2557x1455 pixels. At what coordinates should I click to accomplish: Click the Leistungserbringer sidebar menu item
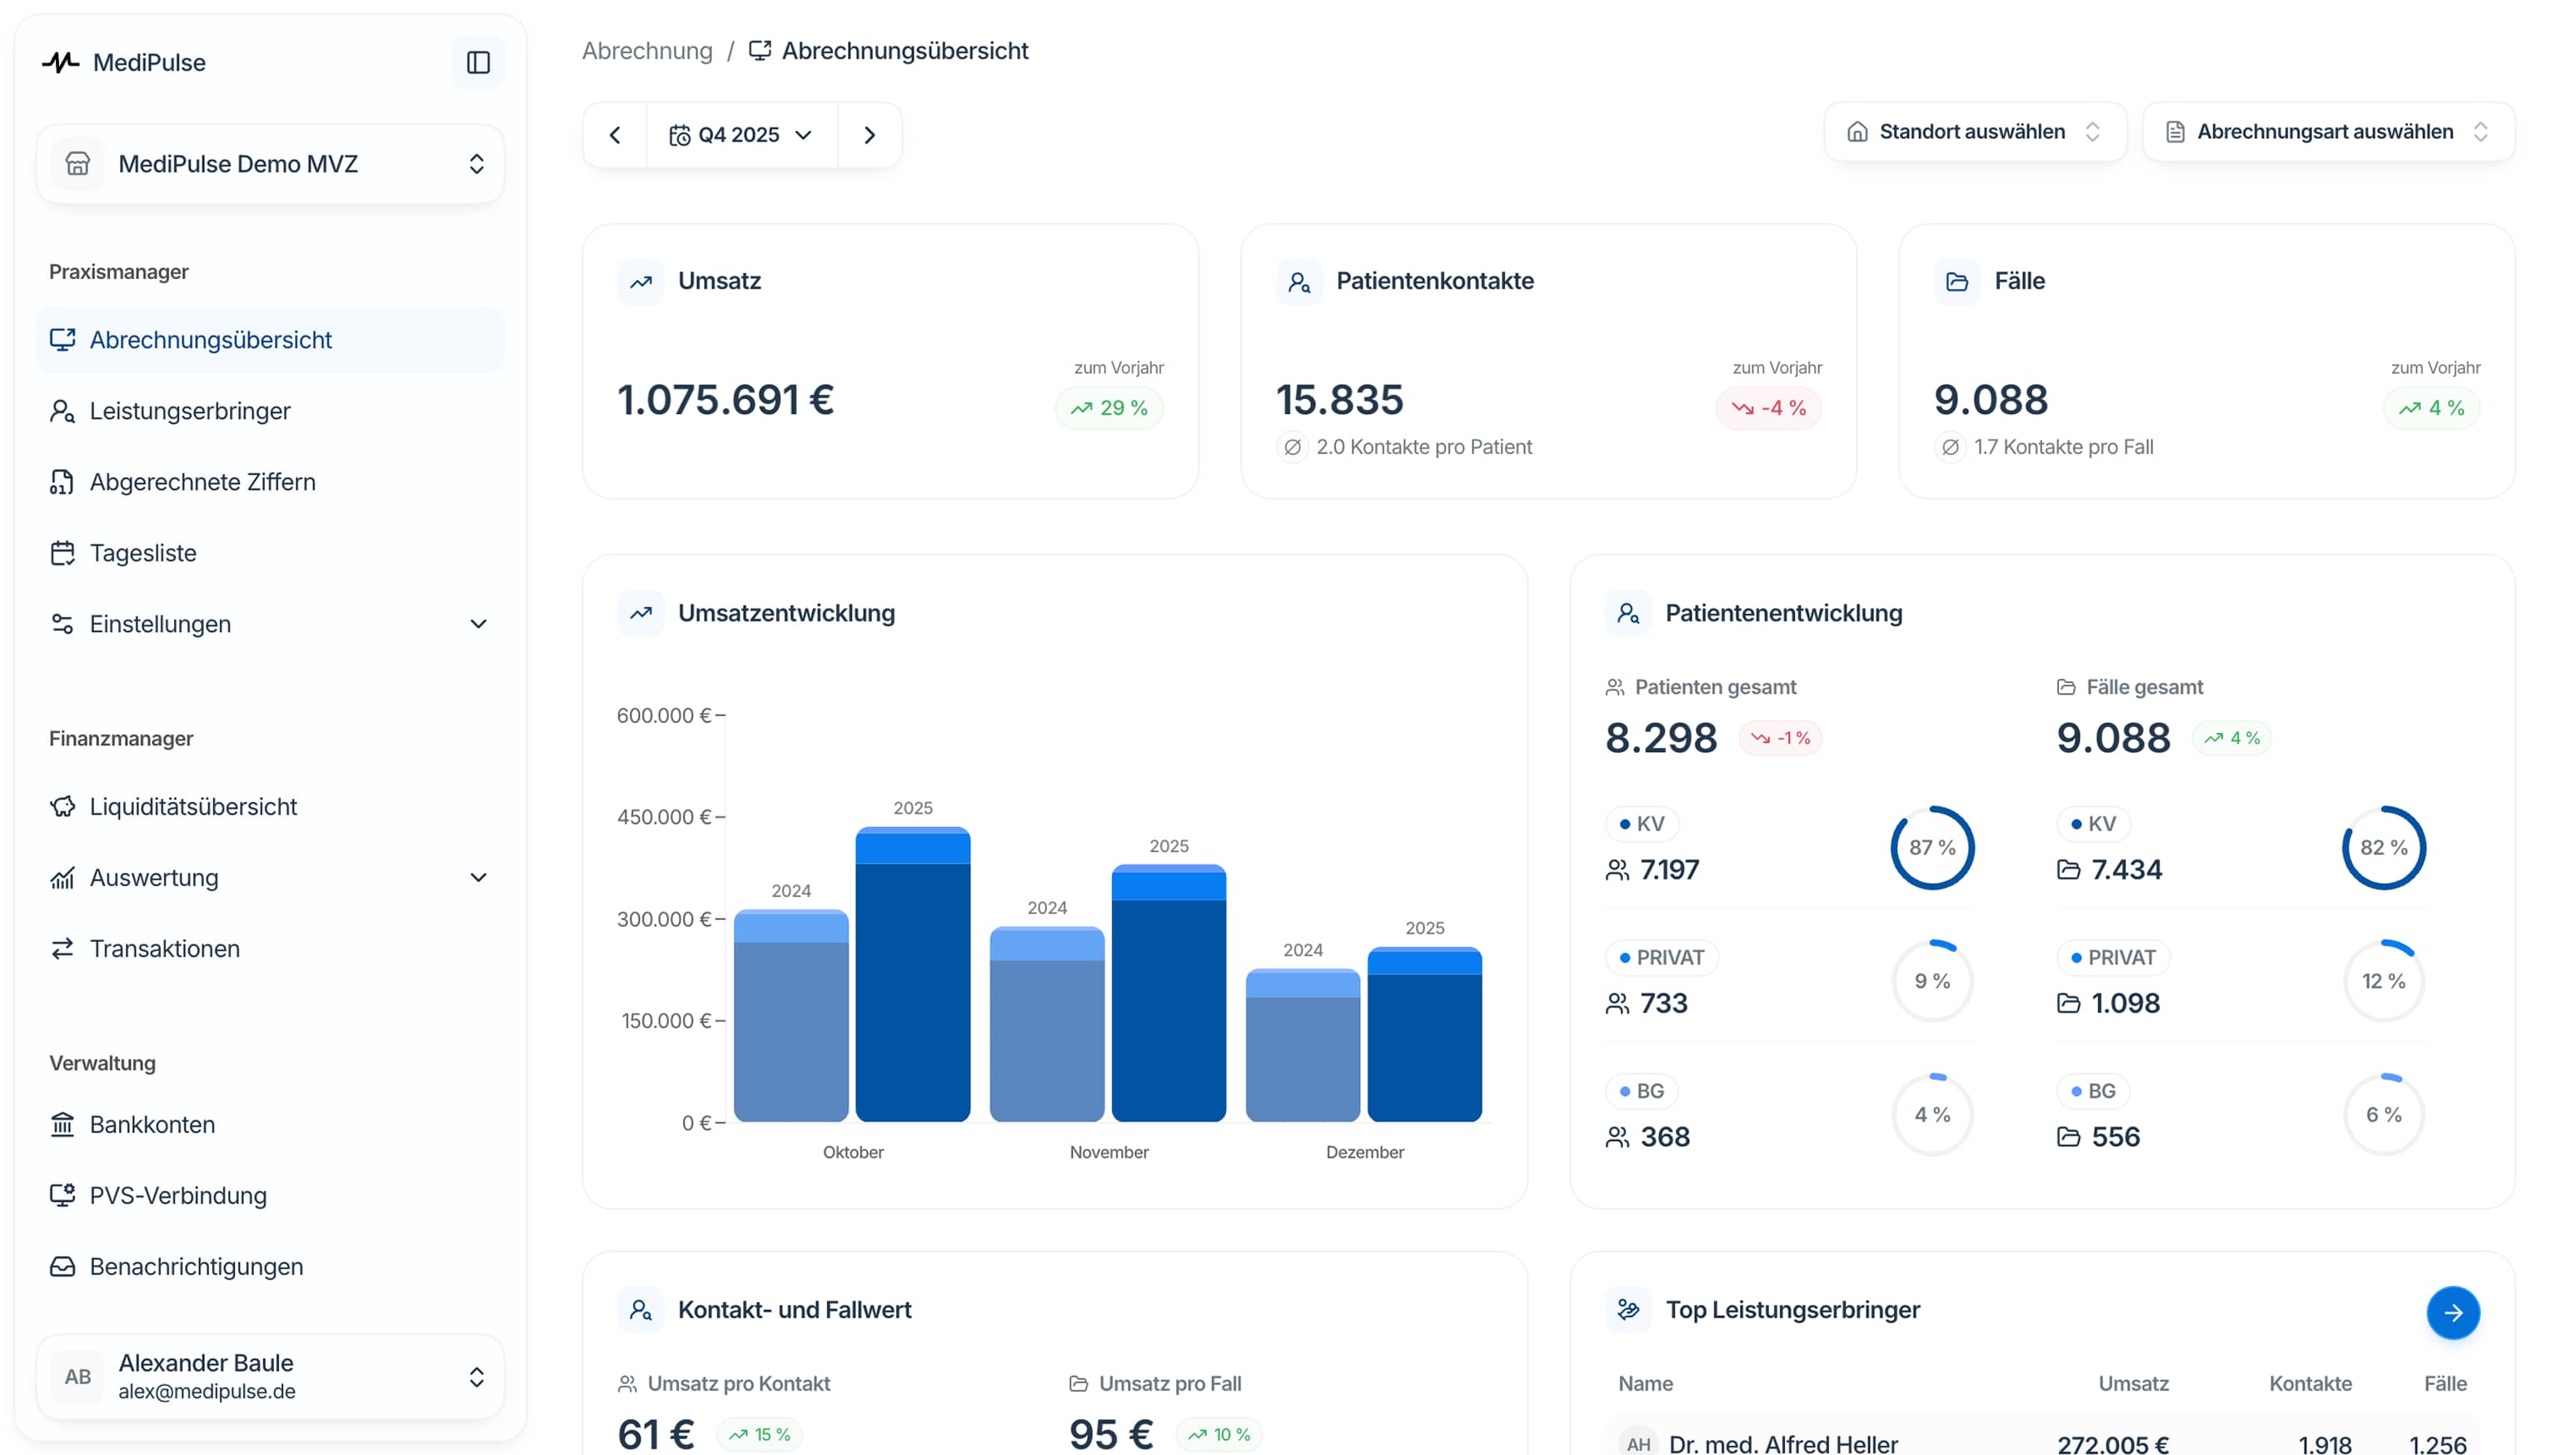click(x=189, y=411)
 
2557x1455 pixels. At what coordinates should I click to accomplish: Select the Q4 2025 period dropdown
click(x=740, y=135)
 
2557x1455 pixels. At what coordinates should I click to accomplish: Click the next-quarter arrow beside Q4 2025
click(x=870, y=135)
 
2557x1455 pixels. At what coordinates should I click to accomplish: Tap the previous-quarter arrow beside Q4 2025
click(x=615, y=135)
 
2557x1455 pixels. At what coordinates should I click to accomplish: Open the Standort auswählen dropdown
click(x=1973, y=132)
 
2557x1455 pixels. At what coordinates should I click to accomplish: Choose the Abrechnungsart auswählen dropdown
click(x=2326, y=132)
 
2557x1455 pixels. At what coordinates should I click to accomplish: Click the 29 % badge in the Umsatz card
click(x=1109, y=408)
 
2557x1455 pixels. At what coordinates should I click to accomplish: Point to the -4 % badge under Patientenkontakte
click(x=1768, y=408)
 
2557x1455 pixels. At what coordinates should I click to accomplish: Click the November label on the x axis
click(x=1108, y=1152)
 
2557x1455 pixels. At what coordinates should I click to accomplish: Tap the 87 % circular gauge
click(x=1931, y=847)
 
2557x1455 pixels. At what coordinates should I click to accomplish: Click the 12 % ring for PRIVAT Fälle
click(x=2383, y=981)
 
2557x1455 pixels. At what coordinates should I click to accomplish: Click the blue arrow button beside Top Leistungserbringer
click(x=2452, y=1312)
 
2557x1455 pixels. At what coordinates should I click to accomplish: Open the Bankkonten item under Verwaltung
click(x=152, y=1124)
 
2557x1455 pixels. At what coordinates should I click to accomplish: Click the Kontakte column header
click(x=2309, y=1383)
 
